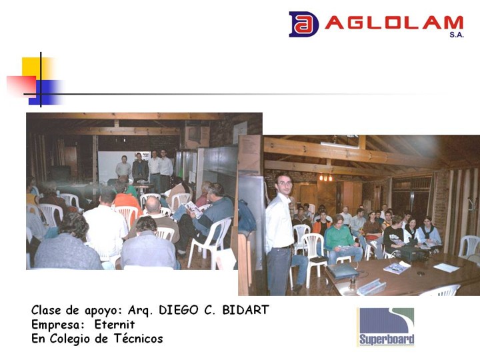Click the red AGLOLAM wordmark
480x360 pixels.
coord(394,23)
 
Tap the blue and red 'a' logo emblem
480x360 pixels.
coord(303,24)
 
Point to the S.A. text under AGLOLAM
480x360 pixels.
coord(457,35)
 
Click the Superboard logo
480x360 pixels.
coord(386,327)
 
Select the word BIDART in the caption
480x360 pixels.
coord(245,310)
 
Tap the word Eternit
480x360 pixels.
coord(115,324)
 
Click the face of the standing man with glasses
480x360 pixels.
coord(284,184)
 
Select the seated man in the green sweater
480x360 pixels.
coord(341,240)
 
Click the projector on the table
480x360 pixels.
coord(412,253)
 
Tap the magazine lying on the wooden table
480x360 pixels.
coord(397,268)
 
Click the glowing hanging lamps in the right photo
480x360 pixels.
coord(325,177)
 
